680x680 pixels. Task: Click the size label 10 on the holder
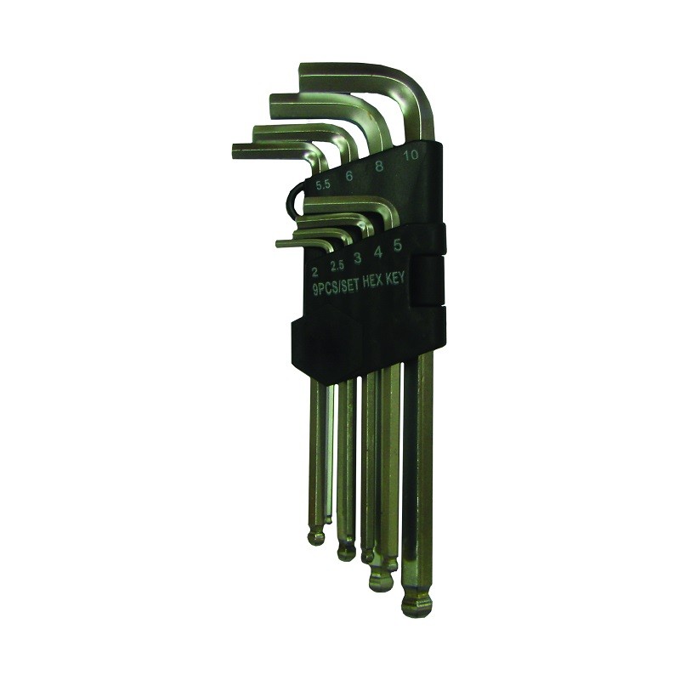point(411,155)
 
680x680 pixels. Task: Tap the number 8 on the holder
point(378,167)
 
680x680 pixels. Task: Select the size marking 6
point(348,176)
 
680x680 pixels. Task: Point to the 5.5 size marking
point(323,185)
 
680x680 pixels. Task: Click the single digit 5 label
point(397,245)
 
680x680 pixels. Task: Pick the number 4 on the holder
point(377,252)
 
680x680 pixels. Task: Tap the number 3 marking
point(357,258)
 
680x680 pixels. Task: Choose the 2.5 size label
point(337,265)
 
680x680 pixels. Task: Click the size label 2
point(314,272)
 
